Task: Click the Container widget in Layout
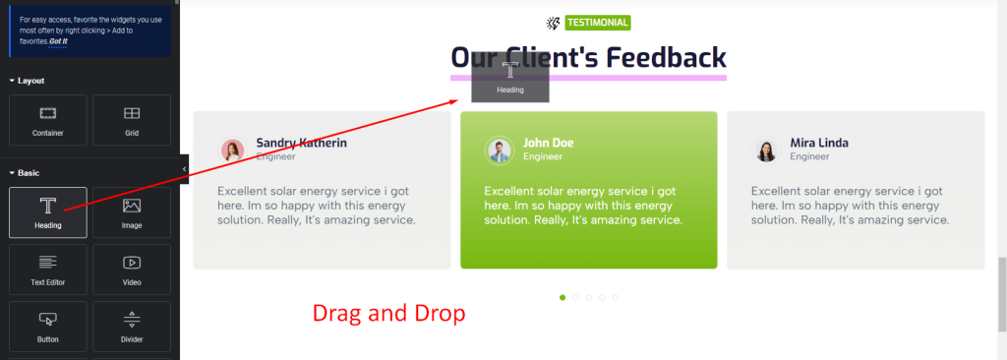pos(48,120)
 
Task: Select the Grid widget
pos(132,120)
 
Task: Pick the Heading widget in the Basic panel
pos(48,212)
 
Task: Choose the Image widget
pos(132,212)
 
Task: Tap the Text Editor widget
pos(48,270)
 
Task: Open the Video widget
pos(132,270)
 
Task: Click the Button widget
pos(48,327)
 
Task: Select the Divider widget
pos(132,327)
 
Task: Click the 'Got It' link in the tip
pos(58,41)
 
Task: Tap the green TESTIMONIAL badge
pos(598,23)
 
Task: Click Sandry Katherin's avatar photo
pos(232,150)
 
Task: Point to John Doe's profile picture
pos(499,150)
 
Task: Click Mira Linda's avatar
pos(765,150)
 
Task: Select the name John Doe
pos(549,143)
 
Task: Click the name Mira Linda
pos(819,143)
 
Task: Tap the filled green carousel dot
pos(563,298)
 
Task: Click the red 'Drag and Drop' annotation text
pos(388,314)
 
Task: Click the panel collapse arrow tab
pos(184,169)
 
